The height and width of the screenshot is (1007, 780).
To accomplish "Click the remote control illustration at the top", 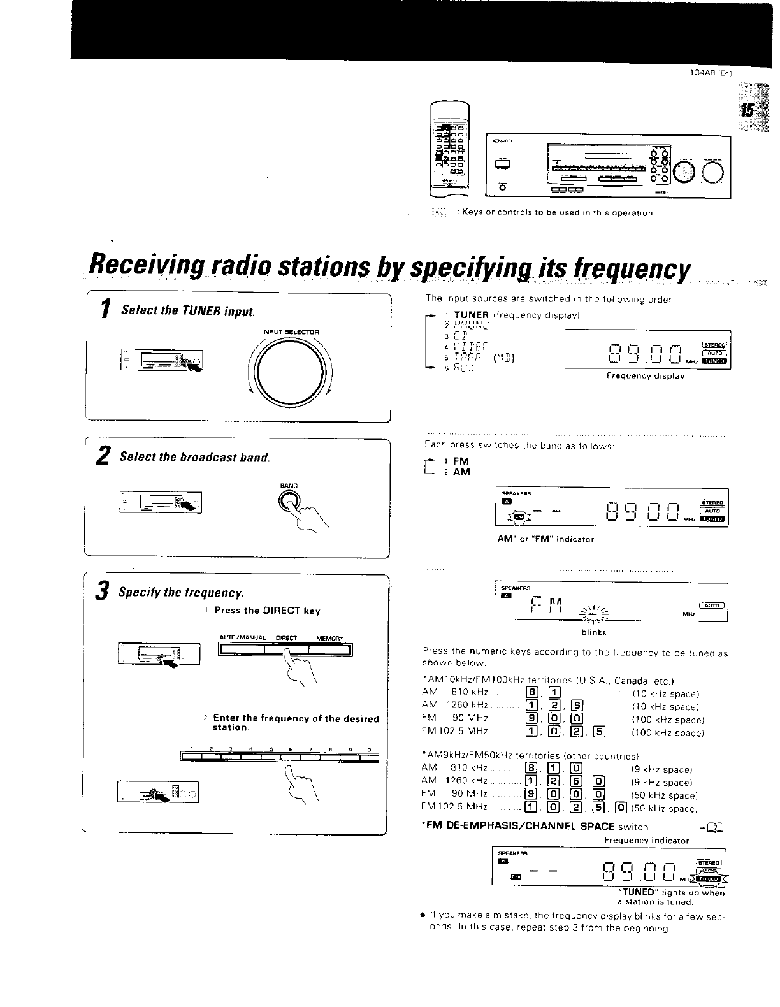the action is pos(449,151).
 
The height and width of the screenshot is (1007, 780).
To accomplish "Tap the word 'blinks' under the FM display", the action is pos(593,633).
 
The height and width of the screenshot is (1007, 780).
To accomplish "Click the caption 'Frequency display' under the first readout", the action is pos(645,376).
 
